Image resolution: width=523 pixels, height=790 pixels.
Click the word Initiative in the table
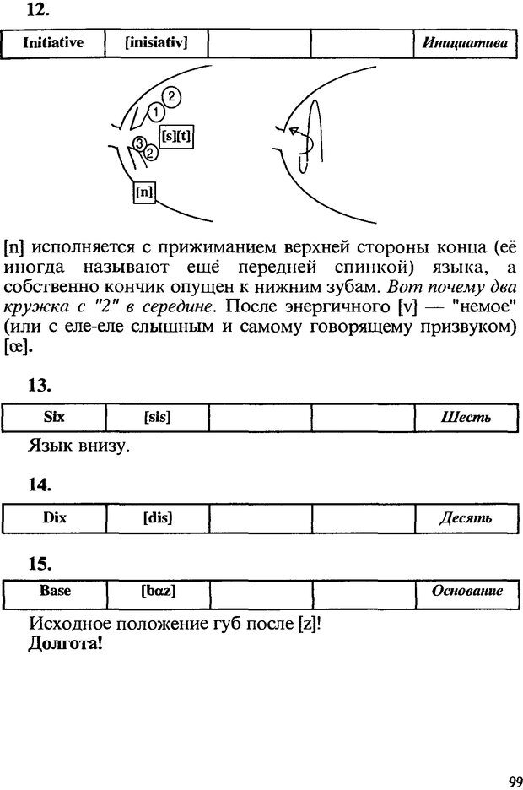tap(52, 42)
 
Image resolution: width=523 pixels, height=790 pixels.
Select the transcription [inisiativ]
tap(155, 42)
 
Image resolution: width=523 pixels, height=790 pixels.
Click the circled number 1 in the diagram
tap(156, 111)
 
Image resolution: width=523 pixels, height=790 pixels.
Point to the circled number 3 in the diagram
tap(141, 143)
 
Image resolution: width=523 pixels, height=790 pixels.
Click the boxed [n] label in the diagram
tap(144, 192)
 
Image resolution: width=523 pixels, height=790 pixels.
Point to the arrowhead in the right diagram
tap(294, 132)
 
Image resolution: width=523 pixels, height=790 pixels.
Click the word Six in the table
tap(54, 417)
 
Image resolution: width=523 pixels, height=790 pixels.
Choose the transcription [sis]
tap(157, 418)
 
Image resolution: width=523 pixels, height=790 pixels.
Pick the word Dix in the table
tap(54, 517)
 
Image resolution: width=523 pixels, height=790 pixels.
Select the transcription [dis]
tap(157, 518)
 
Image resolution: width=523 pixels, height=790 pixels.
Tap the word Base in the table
tap(55, 591)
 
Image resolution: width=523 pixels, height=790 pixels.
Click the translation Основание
tap(466, 592)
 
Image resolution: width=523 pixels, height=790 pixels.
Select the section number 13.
tap(40, 386)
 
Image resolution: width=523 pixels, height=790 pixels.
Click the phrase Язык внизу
tap(78, 446)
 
